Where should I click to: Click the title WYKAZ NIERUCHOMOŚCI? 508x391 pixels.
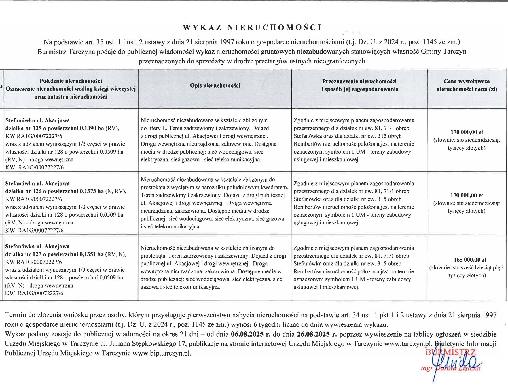click(x=252, y=28)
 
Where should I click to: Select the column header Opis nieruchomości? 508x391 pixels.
click(x=215, y=86)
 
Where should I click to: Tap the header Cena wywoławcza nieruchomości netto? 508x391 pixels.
click(x=467, y=85)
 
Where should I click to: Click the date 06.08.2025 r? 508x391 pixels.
click(x=251, y=334)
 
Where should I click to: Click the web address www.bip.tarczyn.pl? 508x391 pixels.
click(x=162, y=354)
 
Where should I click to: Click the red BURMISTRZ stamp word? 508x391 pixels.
click(x=450, y=352)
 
